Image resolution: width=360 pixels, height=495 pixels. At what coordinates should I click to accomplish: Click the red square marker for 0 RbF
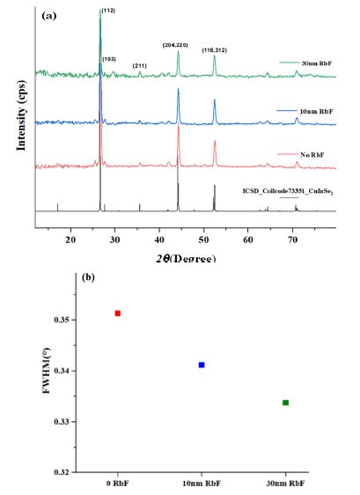click(x=117, y=314)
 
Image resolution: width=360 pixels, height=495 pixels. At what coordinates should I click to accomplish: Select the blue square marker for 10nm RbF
click(x=202, y=365)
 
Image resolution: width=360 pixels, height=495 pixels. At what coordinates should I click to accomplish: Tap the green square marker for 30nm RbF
click(x=285, y=403)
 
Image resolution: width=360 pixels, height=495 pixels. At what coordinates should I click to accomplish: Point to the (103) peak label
click(x=109, y=59)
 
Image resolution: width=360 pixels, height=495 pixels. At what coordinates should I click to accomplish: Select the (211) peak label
click(x=140, y=66)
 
